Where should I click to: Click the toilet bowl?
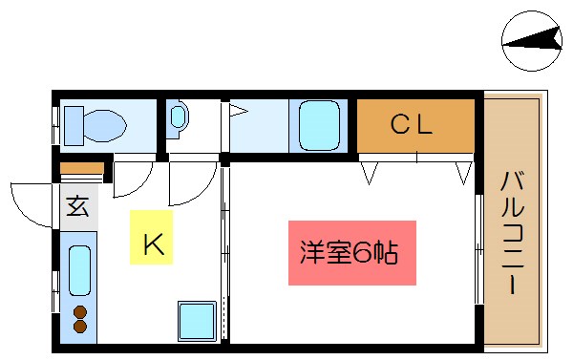click(x=100, y=124)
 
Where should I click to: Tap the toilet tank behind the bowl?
click(x=70, y=124)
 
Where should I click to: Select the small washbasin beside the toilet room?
click(x=180, y=118)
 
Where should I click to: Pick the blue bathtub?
click(x=320, y=125)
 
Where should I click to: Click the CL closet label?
click(x=412, y=123)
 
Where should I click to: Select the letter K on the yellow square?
click(x=153, y=244)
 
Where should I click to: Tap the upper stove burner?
click(x=79, y=311)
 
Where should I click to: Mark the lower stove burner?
click(x=79, y=327)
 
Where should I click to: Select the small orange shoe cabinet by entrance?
click(x=79, y=170)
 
